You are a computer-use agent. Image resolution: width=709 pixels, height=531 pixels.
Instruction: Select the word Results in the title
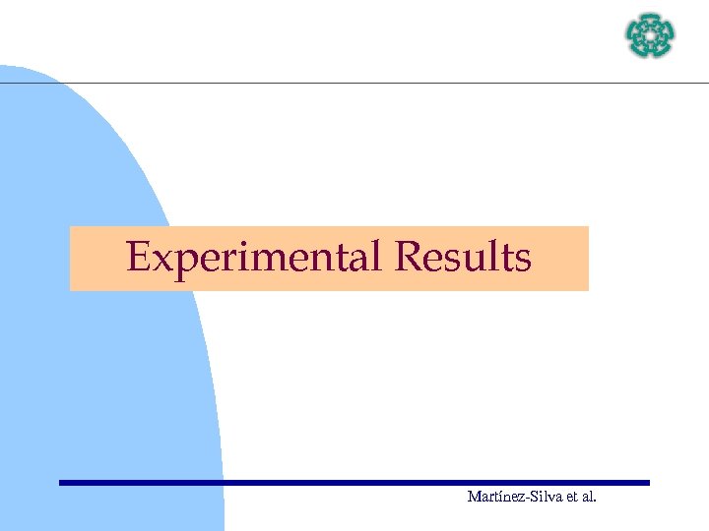462,258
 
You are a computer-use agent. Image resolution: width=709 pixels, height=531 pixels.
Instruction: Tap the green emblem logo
651,35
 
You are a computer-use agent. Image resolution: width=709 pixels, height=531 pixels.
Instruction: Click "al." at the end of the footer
588,498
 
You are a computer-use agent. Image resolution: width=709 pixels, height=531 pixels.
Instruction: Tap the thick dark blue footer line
354,483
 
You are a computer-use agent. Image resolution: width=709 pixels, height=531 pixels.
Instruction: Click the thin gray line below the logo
394,84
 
